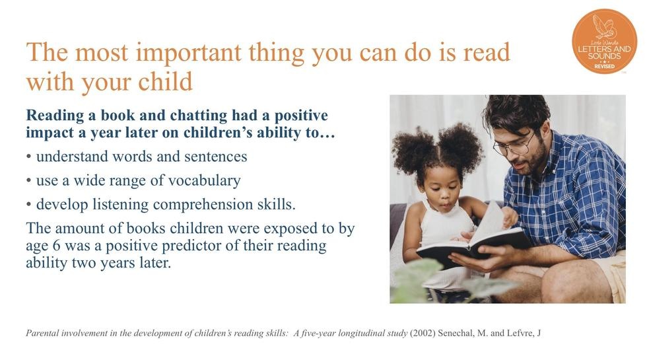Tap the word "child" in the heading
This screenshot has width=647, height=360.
[x=165, y=81]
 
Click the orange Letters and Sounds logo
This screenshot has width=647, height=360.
[x=605, y=41]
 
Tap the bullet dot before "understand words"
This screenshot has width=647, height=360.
[x=28, y=157]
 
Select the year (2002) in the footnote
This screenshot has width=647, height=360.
[x=423, y=333]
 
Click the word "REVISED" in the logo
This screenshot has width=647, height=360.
[x=605, y=67]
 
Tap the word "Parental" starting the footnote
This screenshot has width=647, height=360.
[x=42, y=333]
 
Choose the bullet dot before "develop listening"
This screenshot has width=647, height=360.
[x=28, y=205]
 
